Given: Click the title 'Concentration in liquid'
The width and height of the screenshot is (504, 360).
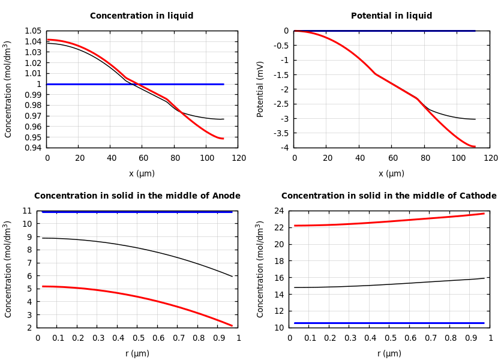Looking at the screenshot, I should [x=142, y=16].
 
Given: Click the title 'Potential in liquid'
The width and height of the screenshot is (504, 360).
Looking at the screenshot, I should [x=391, y=16].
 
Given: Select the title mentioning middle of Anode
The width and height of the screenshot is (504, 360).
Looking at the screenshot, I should [x=137, y=196].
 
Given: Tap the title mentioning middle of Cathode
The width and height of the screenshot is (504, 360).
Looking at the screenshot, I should [x=389, y=196].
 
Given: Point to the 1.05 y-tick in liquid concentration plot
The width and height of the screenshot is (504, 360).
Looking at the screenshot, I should [x=33, y=31].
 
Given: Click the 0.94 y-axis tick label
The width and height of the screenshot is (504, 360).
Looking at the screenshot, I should [x=33, y=148].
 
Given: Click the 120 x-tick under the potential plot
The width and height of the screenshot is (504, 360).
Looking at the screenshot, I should [x=490, y=158].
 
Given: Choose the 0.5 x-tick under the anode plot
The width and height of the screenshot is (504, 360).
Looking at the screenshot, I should [x=138, y=338].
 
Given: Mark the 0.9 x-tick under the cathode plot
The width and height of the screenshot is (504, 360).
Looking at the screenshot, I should [x=470, y=338].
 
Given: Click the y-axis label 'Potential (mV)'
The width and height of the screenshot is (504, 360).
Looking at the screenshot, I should [x=260, y=89].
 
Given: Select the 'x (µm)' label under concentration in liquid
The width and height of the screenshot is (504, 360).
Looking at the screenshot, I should [x=142, y=173].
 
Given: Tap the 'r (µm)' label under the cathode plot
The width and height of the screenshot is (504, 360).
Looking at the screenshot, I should [x=391, y=353].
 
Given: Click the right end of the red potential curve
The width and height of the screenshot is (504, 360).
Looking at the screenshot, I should [x=475, y=146].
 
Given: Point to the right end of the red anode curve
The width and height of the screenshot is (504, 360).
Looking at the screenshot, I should [x=232, y=326].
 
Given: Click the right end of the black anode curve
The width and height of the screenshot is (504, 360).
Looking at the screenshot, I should [x=232, y=277].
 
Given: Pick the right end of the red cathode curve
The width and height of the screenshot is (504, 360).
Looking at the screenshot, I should [x=484, y=213].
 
